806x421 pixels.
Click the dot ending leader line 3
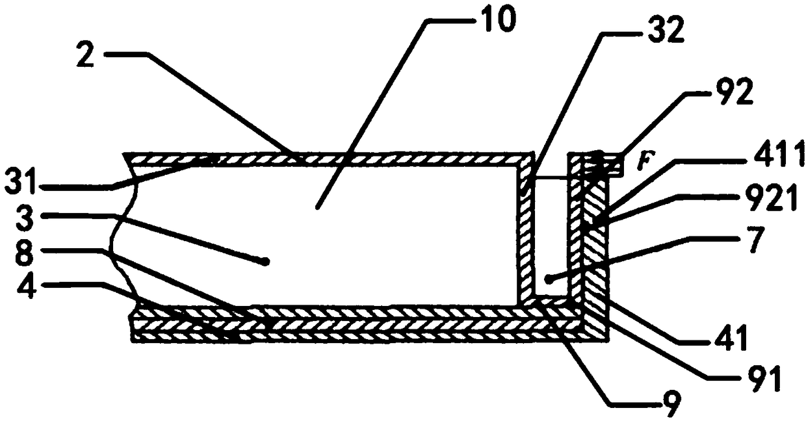tap(265, 261)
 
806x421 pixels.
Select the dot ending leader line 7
tap(549, 280)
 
